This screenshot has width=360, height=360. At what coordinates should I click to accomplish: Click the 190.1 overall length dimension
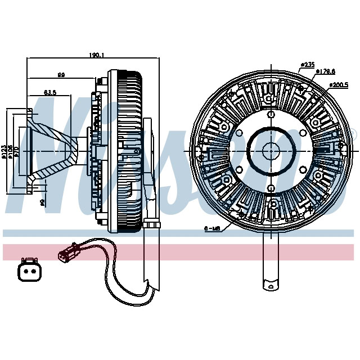point(96,55)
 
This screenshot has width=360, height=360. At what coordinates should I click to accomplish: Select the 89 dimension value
point(60,74)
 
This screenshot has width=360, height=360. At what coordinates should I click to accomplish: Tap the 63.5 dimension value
point(49,92)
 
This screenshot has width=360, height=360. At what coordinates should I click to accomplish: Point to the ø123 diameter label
point(4,150)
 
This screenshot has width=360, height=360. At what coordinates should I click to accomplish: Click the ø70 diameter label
point(17,150)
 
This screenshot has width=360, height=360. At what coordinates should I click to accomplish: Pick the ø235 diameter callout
point(307,65)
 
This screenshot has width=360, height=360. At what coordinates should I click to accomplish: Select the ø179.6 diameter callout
point(325,71)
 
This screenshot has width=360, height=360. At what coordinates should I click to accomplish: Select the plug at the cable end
point(66,255)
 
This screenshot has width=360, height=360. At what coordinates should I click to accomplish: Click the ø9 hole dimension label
point(42,201)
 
